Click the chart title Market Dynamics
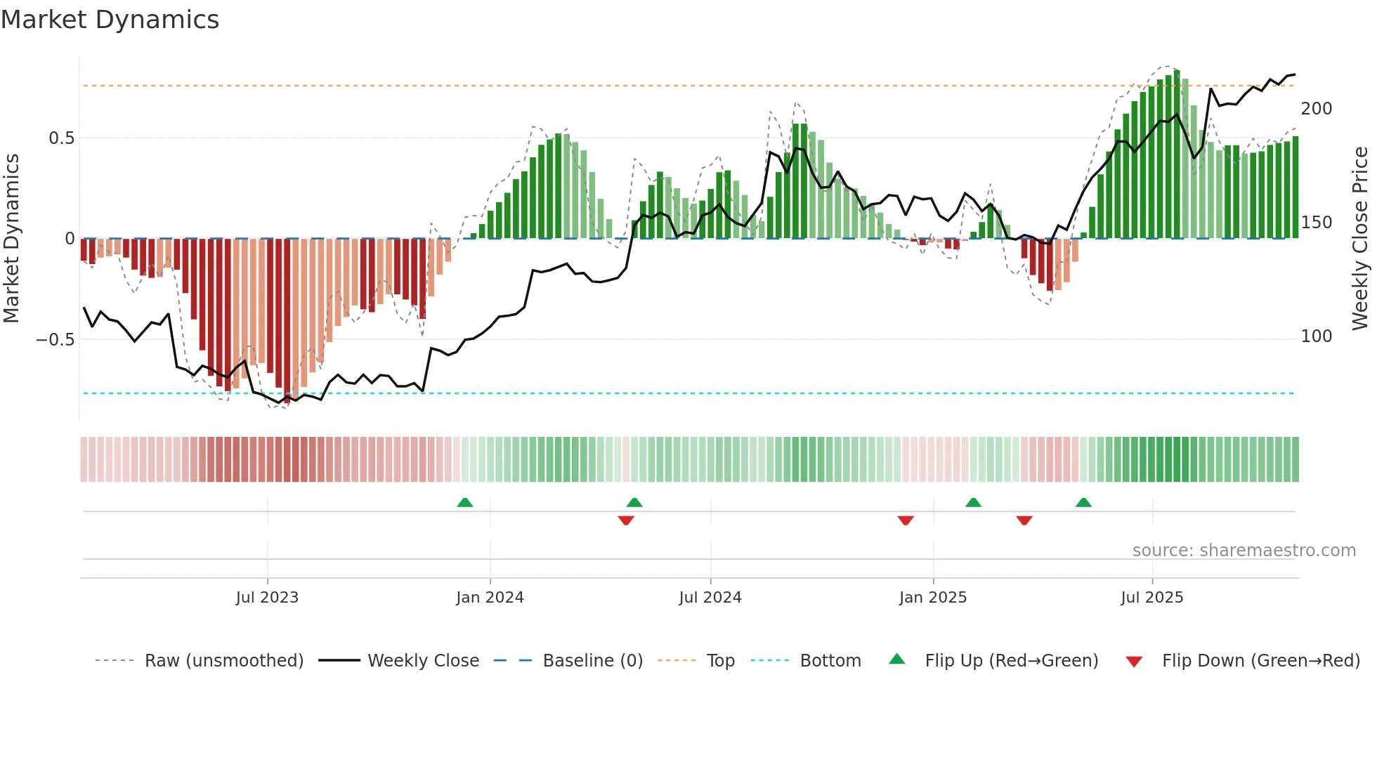[110, 20]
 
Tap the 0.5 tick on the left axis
[61, 138]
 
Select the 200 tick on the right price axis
[1316, 109]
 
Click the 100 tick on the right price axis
[1316, 336]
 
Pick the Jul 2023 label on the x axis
[267, 598]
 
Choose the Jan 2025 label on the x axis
[932, 598]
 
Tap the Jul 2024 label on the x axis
[710, 598]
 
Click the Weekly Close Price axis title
[1360, 239]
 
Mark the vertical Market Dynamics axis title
[11, 239]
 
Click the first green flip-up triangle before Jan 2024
[464, 503]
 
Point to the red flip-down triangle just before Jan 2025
[905, 520]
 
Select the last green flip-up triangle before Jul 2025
[1083, 503]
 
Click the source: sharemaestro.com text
[1244, 551]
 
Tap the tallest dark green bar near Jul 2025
[1177, 155]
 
